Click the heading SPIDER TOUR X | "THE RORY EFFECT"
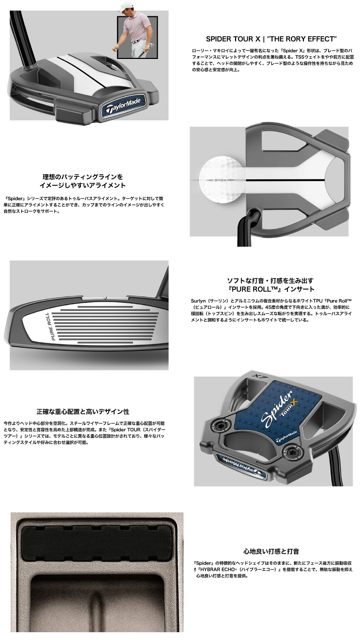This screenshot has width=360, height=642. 271,39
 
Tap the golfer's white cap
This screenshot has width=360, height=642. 125,5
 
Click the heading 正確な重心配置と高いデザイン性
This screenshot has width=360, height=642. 83,412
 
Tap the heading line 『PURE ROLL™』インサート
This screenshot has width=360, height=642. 271,289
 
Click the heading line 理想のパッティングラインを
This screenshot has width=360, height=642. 83,177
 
